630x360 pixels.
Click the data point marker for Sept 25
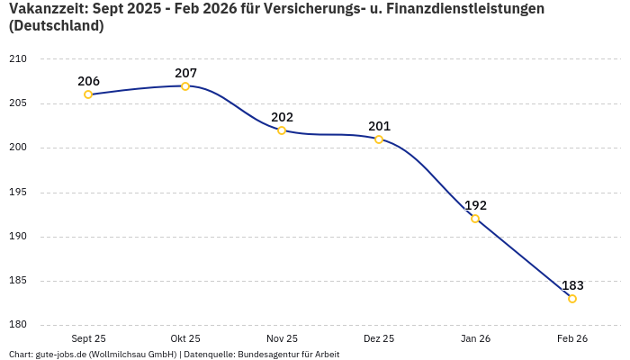click(x=88, y=94)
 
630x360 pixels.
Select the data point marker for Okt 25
click(x=185, y=86)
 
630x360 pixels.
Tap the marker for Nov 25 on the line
click(x=282, y=130)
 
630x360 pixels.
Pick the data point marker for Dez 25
click(x=379, y=139)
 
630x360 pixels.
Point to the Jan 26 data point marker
click(x=475, y=219)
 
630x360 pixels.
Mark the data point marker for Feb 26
click(x=572, y=299)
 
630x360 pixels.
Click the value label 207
click(x=185, y=73)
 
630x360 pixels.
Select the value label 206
click(x=88, y=81)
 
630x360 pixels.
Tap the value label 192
click(x=475, y=205)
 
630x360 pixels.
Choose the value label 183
click(x=572, y=285)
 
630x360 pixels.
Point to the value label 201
click(x=379, y=126)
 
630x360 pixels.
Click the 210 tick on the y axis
click(x=18, y=59)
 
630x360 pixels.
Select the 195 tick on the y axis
click(x=18, y=193)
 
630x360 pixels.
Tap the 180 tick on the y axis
click(x=18, y=325)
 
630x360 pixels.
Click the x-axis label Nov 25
click(x=282, y=339)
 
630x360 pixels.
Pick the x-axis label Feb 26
click(x=572, y=339)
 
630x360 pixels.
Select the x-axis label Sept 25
click(x=88, y=339)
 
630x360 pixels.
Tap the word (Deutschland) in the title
click(x=56, y=27)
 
